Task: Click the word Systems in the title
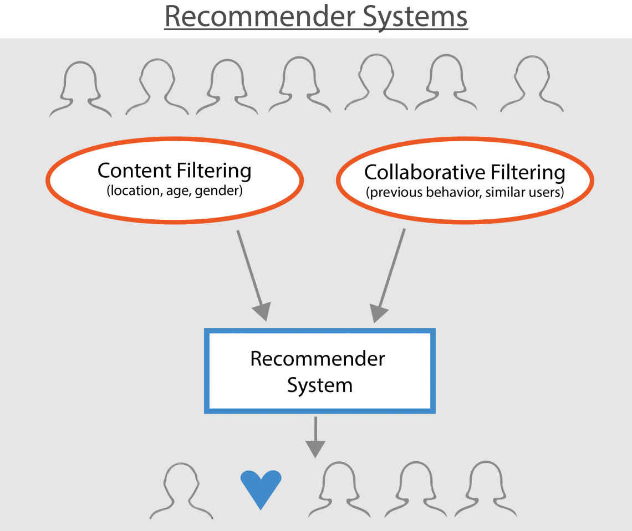415,17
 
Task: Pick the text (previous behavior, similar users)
465,192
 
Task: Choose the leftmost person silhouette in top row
80,89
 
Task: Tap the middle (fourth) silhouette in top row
300,85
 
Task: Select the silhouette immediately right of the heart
339,491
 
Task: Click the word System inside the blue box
319,384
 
